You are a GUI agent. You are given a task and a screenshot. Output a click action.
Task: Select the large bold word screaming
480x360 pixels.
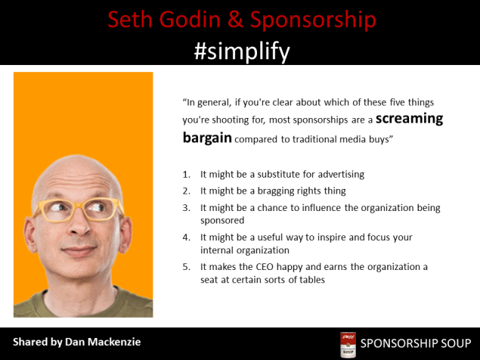pos(409,119)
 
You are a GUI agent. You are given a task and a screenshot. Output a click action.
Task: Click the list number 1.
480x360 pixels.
pos(186,174)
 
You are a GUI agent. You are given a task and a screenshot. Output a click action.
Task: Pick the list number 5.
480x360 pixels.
pos(186,267)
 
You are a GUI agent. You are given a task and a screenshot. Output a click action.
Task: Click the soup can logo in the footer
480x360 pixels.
pos(347,344)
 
